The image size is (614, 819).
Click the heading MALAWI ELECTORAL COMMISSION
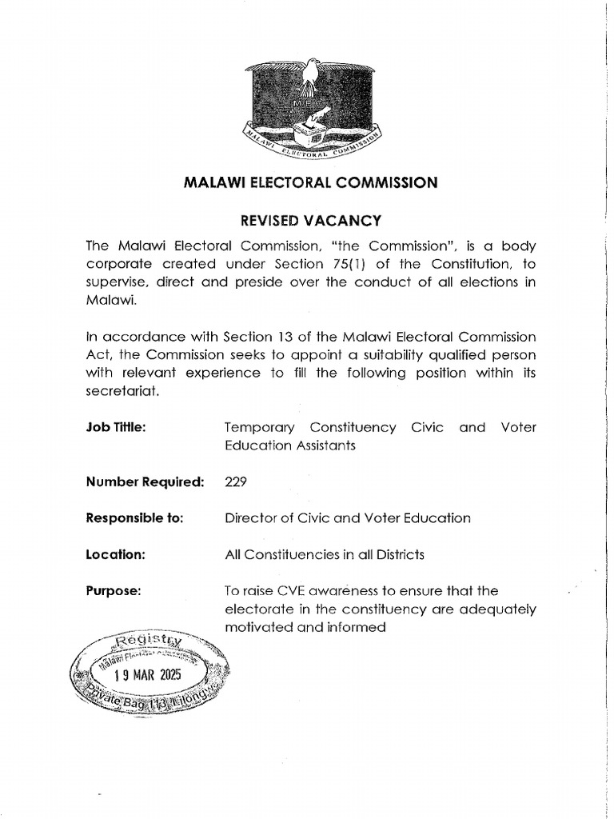(x=311, y=183)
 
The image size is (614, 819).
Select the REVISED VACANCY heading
(x=311, y=219)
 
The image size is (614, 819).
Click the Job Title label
(x=116, y=427)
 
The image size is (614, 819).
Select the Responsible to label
(x=134, y=517)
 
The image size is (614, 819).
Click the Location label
(x=115, y=554)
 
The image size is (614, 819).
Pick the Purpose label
(x=114, y=591)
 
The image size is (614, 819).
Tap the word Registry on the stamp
(x=149, y=642)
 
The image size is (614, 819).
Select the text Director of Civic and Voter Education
(x=348, y=517)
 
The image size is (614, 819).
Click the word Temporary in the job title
(x=260, y=427)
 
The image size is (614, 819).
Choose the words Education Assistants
(x=290, y=446)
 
